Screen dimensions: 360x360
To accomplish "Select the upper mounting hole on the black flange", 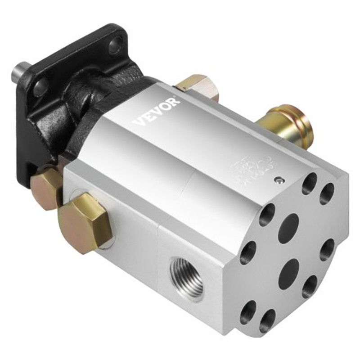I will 115,44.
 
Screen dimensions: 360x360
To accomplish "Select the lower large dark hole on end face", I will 288,273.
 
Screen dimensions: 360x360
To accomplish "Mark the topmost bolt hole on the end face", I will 310,184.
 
